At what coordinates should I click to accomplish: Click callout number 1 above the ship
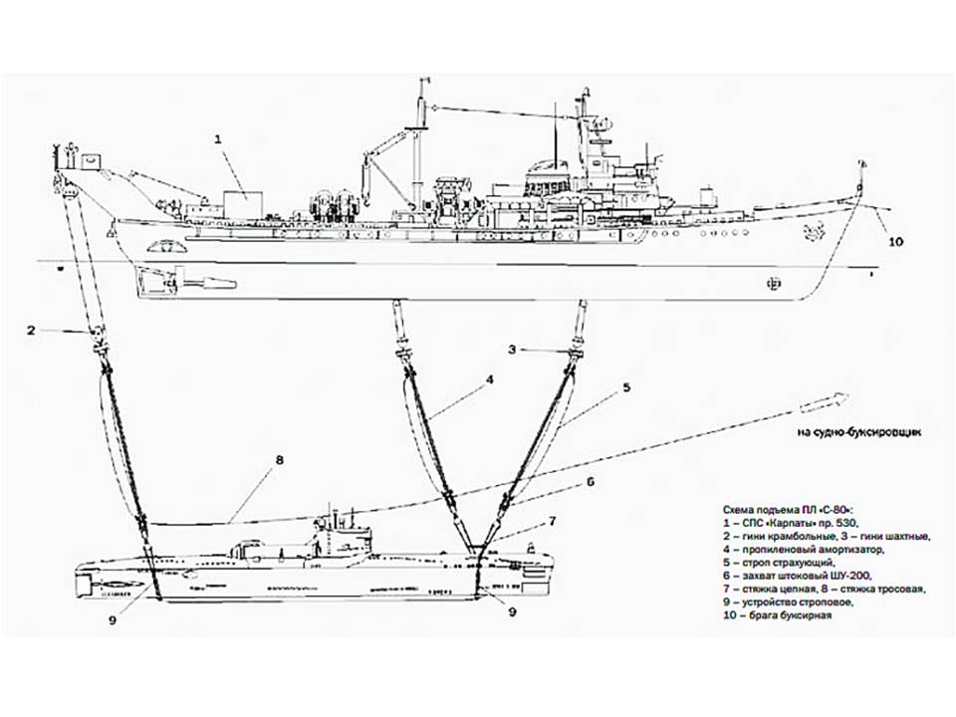point(217,140)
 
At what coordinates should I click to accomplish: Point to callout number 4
point(490,379)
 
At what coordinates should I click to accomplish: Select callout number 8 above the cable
point(281,461)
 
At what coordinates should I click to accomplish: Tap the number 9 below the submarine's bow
point(513,612)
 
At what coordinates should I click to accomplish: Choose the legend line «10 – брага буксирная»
point(778,615)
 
